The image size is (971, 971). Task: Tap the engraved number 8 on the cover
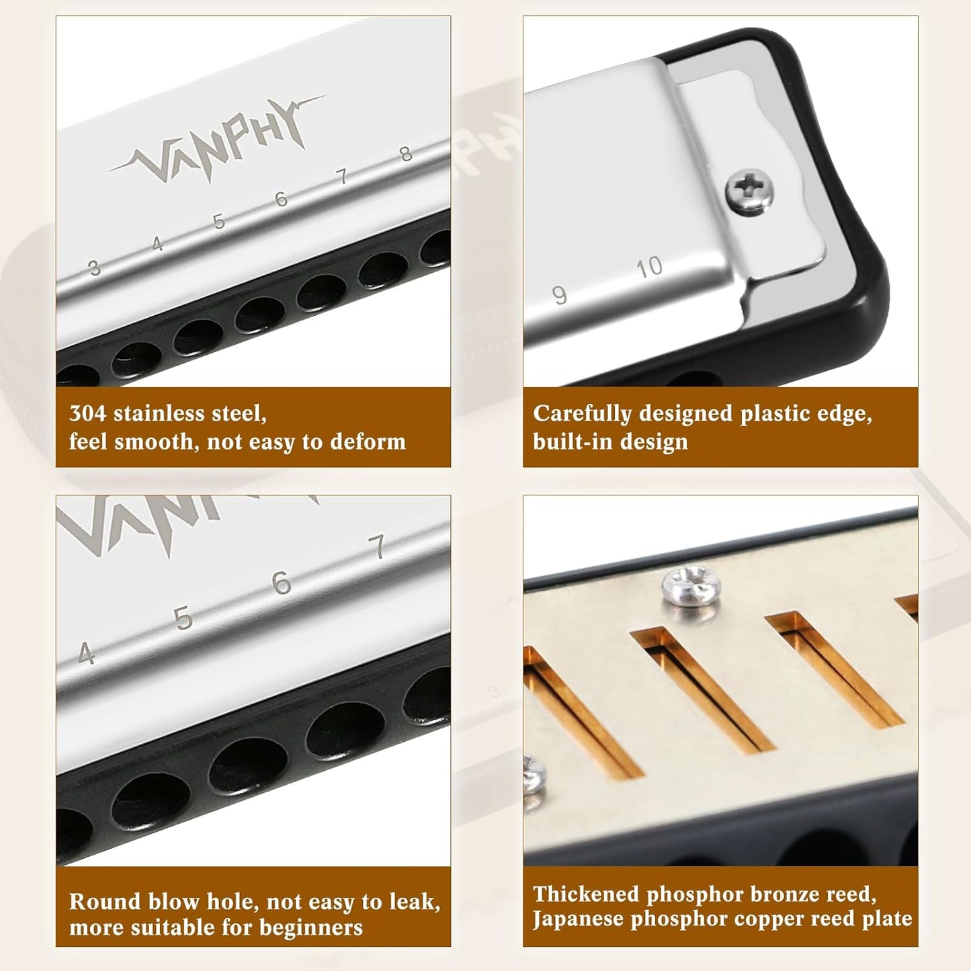pyautogui.click(x=405, y=154)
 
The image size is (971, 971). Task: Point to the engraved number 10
pyautogui.click(x=650, y=267)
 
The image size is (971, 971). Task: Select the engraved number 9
pyautogui.click(x=559, y=295)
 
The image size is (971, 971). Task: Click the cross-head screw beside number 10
pyautogui.click(x=749, y=192)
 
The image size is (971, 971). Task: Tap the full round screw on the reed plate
pyautogui.click(x=691, y=585)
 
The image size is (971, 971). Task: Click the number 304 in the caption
pyautogui.click(x=87, y=413)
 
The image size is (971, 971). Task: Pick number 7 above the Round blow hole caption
pyautogui.click(x=378, y=547)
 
